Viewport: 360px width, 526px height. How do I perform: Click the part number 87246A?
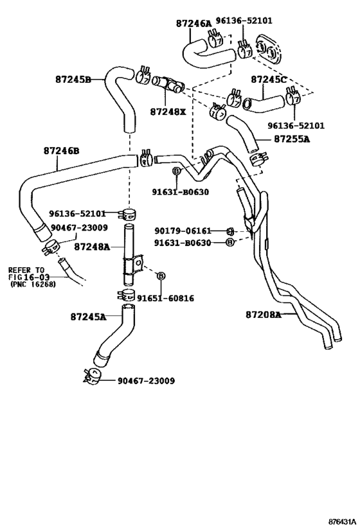(194, 23)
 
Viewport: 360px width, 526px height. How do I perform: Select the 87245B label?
(73, 80)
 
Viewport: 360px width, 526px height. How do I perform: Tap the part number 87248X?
(168, 111)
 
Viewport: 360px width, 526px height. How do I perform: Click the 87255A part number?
(292, 138)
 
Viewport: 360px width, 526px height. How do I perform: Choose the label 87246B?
(62, 151)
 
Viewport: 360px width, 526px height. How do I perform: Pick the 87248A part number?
(91, 246)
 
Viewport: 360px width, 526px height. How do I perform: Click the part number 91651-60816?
(164, 298)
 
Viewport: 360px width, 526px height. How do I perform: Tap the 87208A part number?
(264, 315)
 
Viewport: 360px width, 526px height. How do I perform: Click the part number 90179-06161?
(183, 231)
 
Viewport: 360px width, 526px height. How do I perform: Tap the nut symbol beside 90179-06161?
(230, 231)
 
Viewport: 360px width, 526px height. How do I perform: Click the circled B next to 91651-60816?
(161, 276)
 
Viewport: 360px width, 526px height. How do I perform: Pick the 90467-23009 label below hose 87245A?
(145, 380)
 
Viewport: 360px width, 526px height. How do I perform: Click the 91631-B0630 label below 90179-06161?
(183, 242)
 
